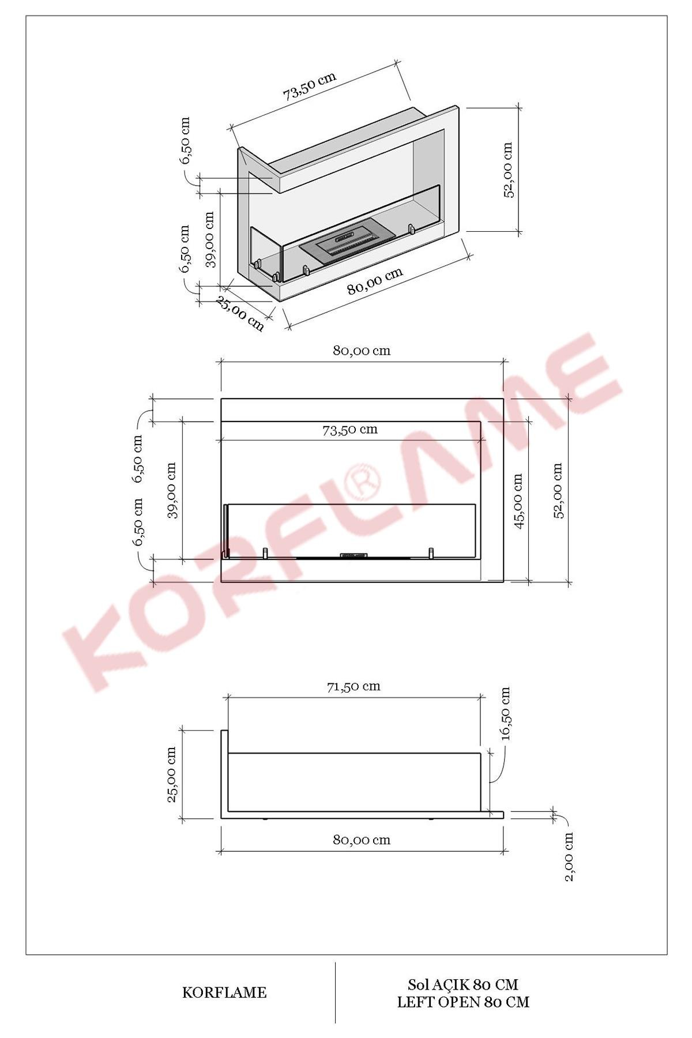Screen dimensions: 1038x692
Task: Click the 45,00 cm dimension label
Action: tap(517, 501)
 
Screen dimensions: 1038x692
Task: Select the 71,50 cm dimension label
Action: tap(353, 686)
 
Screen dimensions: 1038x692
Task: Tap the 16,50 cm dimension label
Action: tap(506, 713)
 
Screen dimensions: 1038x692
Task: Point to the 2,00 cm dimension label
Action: tap(569, 856)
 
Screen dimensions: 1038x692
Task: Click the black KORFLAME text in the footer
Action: tap(224, 992)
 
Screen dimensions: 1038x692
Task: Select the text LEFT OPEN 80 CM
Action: tap(462, 1002)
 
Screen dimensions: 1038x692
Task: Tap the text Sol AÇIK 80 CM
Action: tap(462, 984)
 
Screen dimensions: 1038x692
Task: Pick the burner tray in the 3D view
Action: tap(347, 240)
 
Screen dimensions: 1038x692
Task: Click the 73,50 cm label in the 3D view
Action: tap(309, 86)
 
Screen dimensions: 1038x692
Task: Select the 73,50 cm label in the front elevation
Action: tap(349, 430)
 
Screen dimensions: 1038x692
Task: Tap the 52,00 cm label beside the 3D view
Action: tap(508, 170)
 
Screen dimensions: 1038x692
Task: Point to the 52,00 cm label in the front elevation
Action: tap(558, 491)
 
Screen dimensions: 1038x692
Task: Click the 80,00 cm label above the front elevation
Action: tap(361, 351)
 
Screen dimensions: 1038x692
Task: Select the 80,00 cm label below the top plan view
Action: tap(361, 840)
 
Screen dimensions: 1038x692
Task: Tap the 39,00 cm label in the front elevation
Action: tap(172, 491)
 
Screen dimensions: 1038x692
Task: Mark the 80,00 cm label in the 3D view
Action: tap(375, 281)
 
